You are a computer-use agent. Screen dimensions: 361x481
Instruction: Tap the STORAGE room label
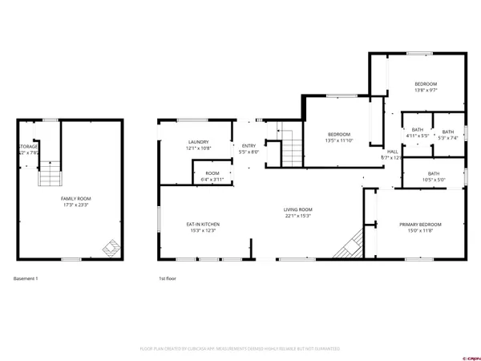[27, 148]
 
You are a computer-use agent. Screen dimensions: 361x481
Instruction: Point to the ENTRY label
[248, 146]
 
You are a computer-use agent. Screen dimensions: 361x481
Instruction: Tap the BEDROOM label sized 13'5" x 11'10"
[339, 134]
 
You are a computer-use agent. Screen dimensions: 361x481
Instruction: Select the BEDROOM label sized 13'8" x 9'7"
[425, 84]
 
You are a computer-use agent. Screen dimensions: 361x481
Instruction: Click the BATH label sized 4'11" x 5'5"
[417, 130]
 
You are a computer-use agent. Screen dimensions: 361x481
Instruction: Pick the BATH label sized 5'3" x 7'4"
[447, 132]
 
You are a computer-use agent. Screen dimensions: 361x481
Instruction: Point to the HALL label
[392, 152]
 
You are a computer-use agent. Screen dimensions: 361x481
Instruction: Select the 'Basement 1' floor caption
[26, 278]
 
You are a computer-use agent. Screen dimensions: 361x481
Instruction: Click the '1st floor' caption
[167, 278]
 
